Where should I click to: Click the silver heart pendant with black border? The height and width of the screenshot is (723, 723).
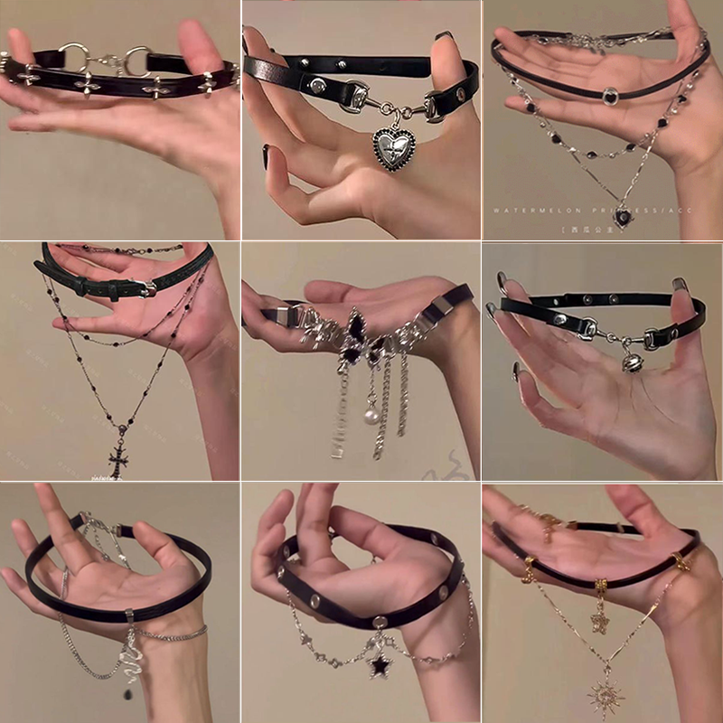tap(395, 148)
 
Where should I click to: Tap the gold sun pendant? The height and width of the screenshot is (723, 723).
tap(603, 695)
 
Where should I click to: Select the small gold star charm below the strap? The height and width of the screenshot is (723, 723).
tap(598, 620)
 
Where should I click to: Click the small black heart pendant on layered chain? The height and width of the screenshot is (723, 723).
tap(622, 216)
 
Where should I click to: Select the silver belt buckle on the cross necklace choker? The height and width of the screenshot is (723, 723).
tap(145, 288)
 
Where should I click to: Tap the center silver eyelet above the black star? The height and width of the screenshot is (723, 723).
tap(380, 622)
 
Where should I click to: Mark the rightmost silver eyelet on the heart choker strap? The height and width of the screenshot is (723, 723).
tap(460, 94)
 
